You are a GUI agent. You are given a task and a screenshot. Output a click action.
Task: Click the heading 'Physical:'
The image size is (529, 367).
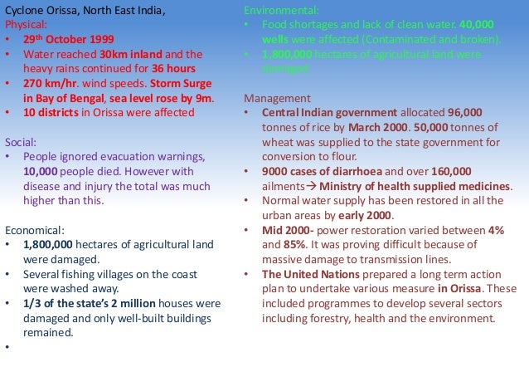pyautogui.click(x=26, y=25)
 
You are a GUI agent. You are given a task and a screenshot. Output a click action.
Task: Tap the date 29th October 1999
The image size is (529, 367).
pyautogui.click(x=64, y=40)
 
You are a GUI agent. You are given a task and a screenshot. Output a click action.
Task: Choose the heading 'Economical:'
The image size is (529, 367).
pyautogui.click(x=35, y=230)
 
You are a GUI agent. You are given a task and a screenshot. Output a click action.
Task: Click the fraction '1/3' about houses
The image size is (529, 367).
pyautogui.click(x=34, y=304)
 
